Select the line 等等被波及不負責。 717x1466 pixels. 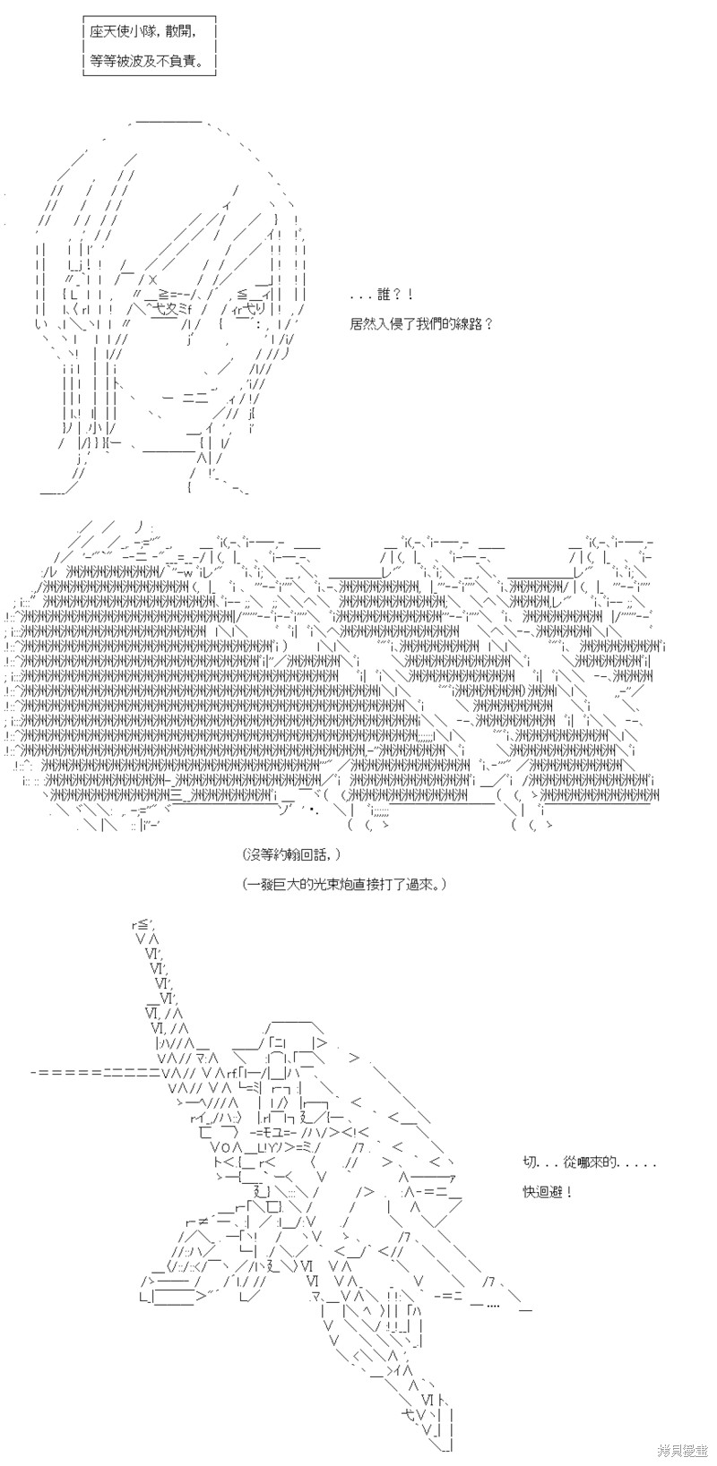coord(147,62)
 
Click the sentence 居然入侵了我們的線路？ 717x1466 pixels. coord(421,324)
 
